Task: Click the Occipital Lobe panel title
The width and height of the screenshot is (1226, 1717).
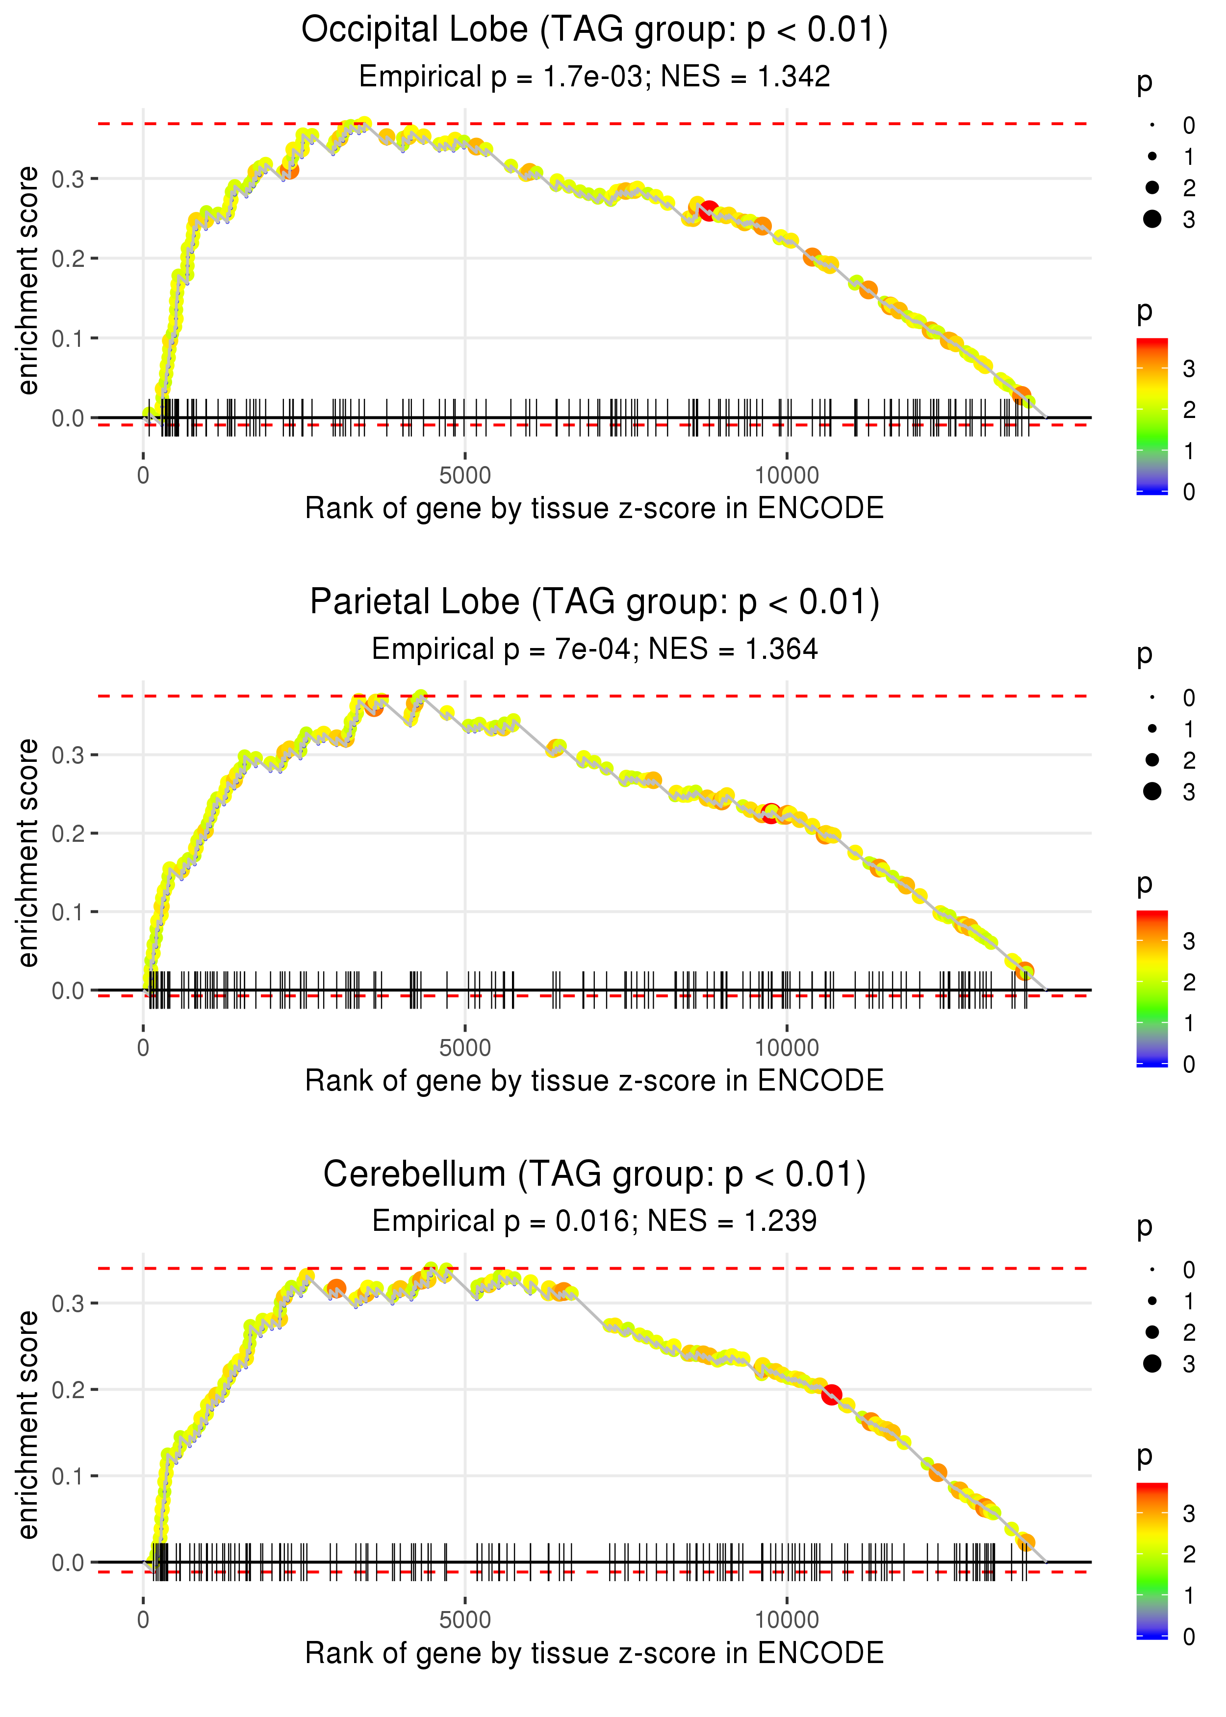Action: point(594,30)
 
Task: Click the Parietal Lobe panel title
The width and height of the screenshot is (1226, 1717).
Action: point(594,602)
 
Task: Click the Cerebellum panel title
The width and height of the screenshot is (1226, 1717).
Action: point(594,1175)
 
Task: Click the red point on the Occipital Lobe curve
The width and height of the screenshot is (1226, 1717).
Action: point(708,210)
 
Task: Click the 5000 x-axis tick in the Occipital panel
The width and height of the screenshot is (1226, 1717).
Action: point(464,476)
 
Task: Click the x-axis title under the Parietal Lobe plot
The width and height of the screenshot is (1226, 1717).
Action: point(594,1081)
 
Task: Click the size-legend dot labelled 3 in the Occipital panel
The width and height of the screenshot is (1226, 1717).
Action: point(1152,219)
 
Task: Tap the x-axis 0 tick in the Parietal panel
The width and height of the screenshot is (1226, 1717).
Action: point(143,1048)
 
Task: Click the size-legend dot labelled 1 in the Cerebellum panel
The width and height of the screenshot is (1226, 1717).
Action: point(1152,1301)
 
